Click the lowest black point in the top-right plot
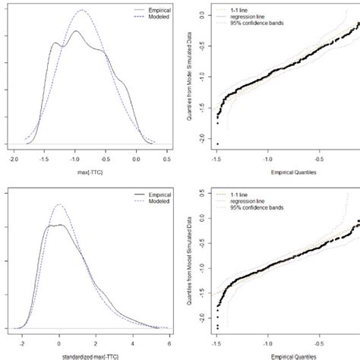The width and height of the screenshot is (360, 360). coord(217,144)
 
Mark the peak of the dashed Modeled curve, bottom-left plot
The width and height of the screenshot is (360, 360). coord(61,204)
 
